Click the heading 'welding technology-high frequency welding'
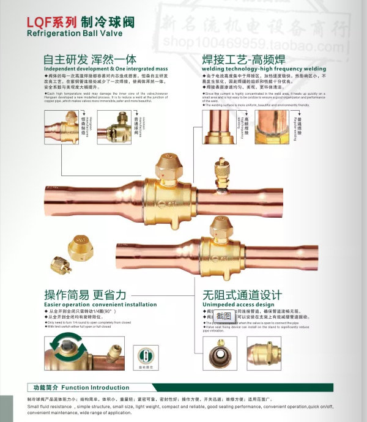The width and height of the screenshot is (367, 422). point(264,69)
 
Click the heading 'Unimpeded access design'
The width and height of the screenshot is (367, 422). point(239,304)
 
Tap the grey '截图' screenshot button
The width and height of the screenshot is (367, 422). point(223,316)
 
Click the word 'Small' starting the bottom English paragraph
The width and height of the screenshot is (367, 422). point(34,406)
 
